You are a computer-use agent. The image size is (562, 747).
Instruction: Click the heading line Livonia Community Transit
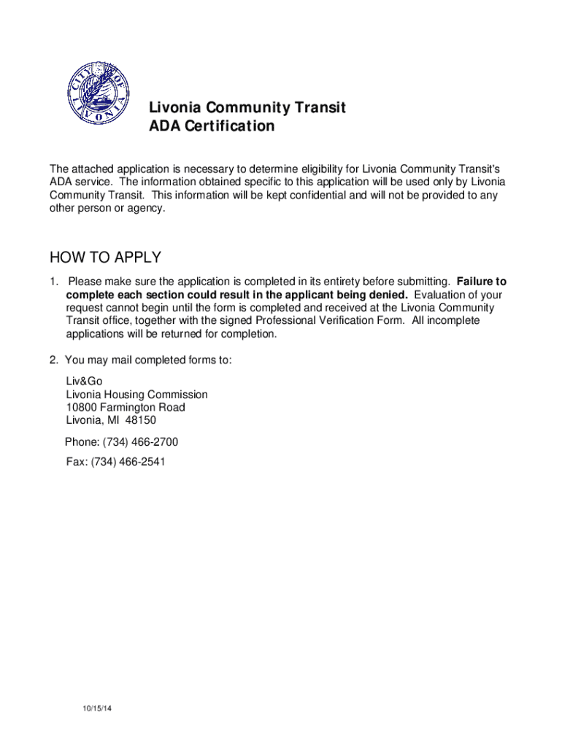[x=247, y=108]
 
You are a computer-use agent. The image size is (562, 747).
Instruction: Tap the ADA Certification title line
[x=212, y=126]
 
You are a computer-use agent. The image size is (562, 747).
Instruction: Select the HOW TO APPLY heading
[x=105, y=258]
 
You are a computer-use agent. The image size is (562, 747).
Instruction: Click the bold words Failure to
[x=481, y=282]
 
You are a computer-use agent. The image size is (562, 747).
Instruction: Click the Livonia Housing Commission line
[x=136, y=395]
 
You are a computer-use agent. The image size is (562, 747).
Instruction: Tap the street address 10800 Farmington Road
[x=125, y=408]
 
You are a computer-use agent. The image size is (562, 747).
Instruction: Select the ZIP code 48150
[x=141, y=421]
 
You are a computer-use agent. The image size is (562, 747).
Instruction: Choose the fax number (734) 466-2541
[x=128, y=462]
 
